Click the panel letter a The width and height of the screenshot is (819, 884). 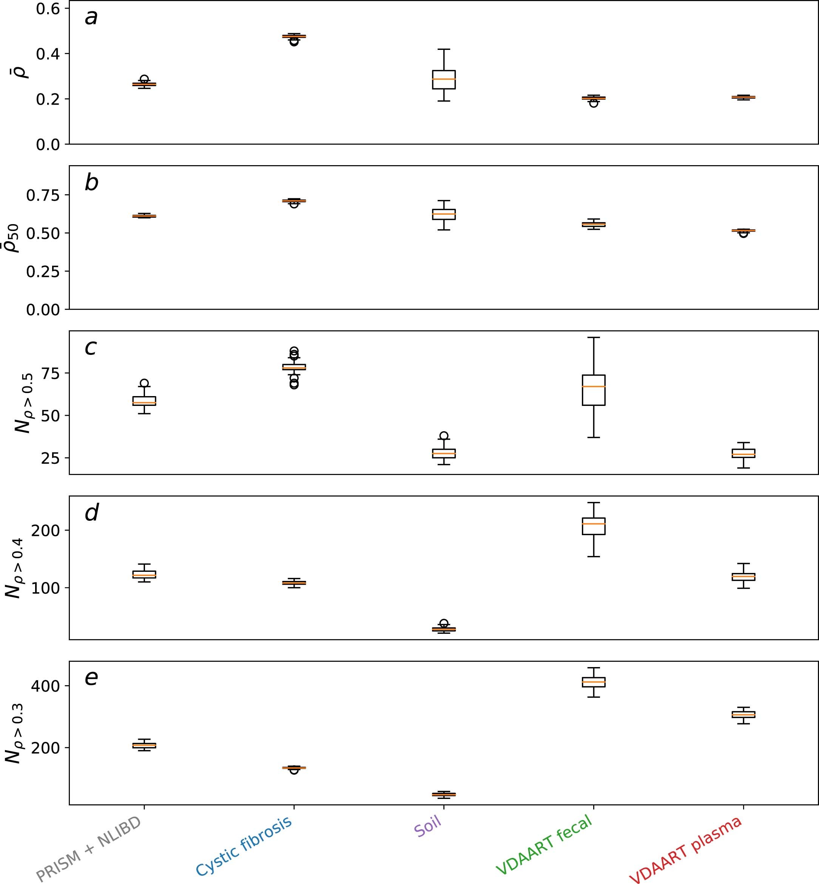coord(91,18)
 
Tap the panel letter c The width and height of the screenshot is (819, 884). coord(90,348)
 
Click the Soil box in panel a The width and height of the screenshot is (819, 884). coord(444,80)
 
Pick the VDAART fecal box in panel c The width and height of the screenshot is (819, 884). coord(594,390)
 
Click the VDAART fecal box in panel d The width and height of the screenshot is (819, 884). coord(594,526)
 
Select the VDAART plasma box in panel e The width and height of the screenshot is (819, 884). coord(743,714)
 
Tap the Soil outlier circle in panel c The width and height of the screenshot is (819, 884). coord(444,435)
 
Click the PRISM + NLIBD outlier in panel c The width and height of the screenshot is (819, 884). coord(144,383)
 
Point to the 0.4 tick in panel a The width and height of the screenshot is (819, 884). coord(48,54)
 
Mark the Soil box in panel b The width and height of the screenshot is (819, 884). coord(444,214)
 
